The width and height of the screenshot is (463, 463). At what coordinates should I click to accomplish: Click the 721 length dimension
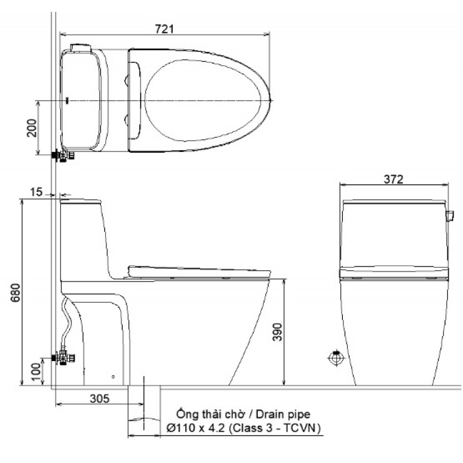click(165, 28)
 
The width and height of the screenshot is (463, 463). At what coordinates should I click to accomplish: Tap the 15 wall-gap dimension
click(36, 193)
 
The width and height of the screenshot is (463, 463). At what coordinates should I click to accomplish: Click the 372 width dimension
click(394, 178)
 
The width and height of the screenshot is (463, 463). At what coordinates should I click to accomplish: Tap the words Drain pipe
click(280, 414)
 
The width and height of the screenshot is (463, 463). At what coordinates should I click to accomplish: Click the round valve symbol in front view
click(336, 359)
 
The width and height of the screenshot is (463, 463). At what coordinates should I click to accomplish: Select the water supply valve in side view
click(64, 358)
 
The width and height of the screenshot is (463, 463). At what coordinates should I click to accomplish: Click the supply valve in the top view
click(63, 155)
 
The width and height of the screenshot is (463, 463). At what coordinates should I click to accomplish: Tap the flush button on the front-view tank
click(449, 216)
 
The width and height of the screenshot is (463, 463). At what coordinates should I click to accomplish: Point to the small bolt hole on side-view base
click(113, 377)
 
